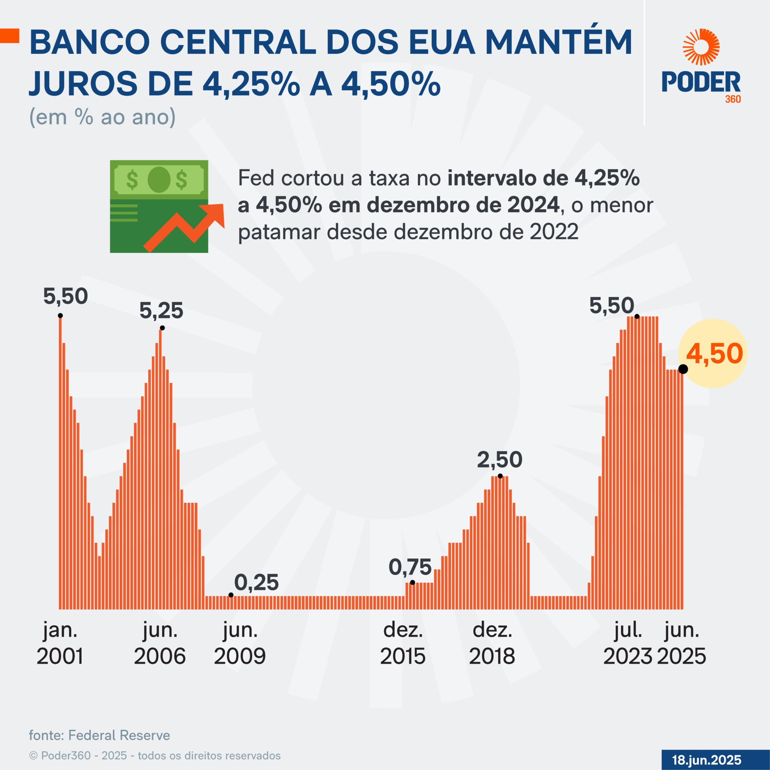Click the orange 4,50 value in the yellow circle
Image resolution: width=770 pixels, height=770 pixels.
pyautogui.click(x=714, y=353)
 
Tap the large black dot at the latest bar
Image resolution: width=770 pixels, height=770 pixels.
pyautogui.click(x=683, y=369)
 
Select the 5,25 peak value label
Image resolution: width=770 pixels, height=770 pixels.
pyautogui.click(x=161, y=311)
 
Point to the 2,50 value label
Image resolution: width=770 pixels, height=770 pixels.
pyautogui.click(x=499, y=459)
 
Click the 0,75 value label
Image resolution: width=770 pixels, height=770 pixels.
pyautogui.click(x=410, y=567)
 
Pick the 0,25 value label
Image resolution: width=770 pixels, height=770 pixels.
pyautogui.click(x=256, y=583)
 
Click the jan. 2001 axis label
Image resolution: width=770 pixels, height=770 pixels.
pyautogui.click(x=60, y=643)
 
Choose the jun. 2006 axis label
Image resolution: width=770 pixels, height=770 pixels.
pyautogui.click(x=160, y=643)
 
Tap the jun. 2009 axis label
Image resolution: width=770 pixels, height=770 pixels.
pyautogui.click(x=240, y=643)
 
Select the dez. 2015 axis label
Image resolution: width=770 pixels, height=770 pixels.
pyautogui.click(x=403, y=643)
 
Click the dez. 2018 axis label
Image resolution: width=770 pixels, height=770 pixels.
pyautogui.click(x=492, y=643)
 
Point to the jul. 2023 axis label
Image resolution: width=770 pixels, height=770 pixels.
pyautogui.click(x=628, y=643)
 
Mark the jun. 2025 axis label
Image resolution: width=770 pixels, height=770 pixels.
pyautogui.click(x=682, y=643)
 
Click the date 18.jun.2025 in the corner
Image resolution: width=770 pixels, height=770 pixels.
pyautogui.click(x=706, y=759)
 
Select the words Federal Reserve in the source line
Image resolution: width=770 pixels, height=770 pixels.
pyautogui.click(x=119, y=735)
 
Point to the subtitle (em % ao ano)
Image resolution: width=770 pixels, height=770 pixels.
pyautogui.click(x=102, y=117)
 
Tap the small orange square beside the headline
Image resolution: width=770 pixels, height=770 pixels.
pyautogui.click(x=9, y=36)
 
